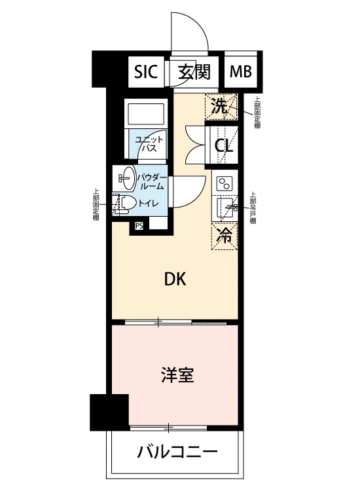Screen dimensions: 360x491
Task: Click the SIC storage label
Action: click(x=145, y=72)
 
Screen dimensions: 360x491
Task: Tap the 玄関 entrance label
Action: click(x=194, y=72)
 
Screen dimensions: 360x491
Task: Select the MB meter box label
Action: click(x=240, y=72)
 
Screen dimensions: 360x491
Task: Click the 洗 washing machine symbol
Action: click(x=221, y=107)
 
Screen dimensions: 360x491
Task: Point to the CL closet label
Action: click(x=223, y=145)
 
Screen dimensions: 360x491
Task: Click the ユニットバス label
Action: click(x=149, y=143)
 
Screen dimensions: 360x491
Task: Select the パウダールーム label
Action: click(x=151, y=181)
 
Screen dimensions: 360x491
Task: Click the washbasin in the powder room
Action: click(x=127, y=178)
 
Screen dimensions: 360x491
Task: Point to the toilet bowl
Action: click(x=126, y=204)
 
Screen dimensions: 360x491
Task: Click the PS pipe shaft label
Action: click(x=139, y=225)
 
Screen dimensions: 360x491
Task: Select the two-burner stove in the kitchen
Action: click(x=225, y=183)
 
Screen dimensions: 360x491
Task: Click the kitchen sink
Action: click(x=228, y=208)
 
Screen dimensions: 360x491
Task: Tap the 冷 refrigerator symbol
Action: click(x=225, y=236)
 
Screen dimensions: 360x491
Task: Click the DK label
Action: click(x=175, y=279)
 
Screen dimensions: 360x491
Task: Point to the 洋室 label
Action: click(x=177, y=375)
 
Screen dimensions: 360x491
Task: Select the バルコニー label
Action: click(x=177, y=452)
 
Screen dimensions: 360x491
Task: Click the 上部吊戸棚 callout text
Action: click(x=253, y=207)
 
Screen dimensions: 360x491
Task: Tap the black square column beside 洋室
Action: click(x=109, y=412)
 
